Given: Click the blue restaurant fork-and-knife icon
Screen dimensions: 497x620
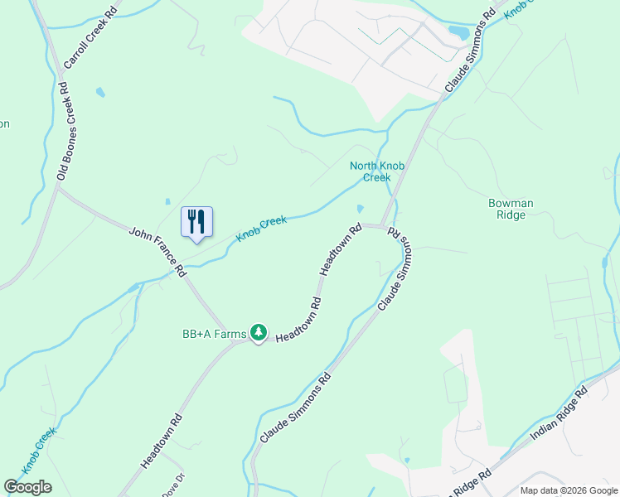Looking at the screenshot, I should pyautogui.click(x=196, y=222).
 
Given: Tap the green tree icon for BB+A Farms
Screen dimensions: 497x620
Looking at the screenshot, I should pyautogui.click(x=259, y=333).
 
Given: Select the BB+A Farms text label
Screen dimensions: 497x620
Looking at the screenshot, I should pyautogui.click(x=214, y=334).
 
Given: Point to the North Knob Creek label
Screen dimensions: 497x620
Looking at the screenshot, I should pyautogui.click(x=376, y=171).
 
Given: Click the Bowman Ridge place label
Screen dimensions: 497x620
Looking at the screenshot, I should pyautogui.click(x=511, y=209).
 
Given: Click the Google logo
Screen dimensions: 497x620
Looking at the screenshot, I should pyautogui.click(x=27, y=487).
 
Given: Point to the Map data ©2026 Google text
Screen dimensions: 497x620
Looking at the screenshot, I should pyautogui.click(x=568, y=490).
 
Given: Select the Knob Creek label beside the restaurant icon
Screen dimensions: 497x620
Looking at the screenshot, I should pyautogui.click(x=261, y=229).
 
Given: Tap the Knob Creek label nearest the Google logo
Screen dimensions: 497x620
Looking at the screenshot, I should pyautogui.click(x=39, y=450).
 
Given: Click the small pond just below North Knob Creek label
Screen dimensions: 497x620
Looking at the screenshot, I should pyautogui.click(x=361, y=208).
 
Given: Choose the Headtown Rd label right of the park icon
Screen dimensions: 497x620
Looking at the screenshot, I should pyautogui.click(x=298, y=320).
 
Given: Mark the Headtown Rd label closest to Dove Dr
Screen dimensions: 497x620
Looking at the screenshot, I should pyautogui.click(x=162, y=442).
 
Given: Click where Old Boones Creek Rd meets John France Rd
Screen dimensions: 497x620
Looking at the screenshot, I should pyautogui.click(x=58, y=188).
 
